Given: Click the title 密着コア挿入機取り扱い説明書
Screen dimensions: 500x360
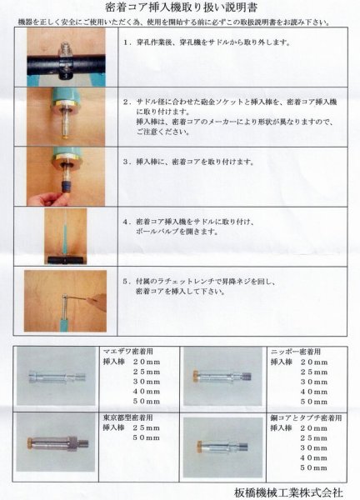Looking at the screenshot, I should [180, 9].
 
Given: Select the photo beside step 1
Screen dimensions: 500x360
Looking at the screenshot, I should [64, 57].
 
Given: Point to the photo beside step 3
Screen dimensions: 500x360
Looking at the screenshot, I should [64, 175].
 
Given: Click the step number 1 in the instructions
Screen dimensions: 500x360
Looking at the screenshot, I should [126, 40].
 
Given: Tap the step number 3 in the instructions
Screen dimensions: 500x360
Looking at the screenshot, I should [126, 162].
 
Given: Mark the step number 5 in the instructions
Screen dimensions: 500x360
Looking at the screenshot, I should [126, 282].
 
